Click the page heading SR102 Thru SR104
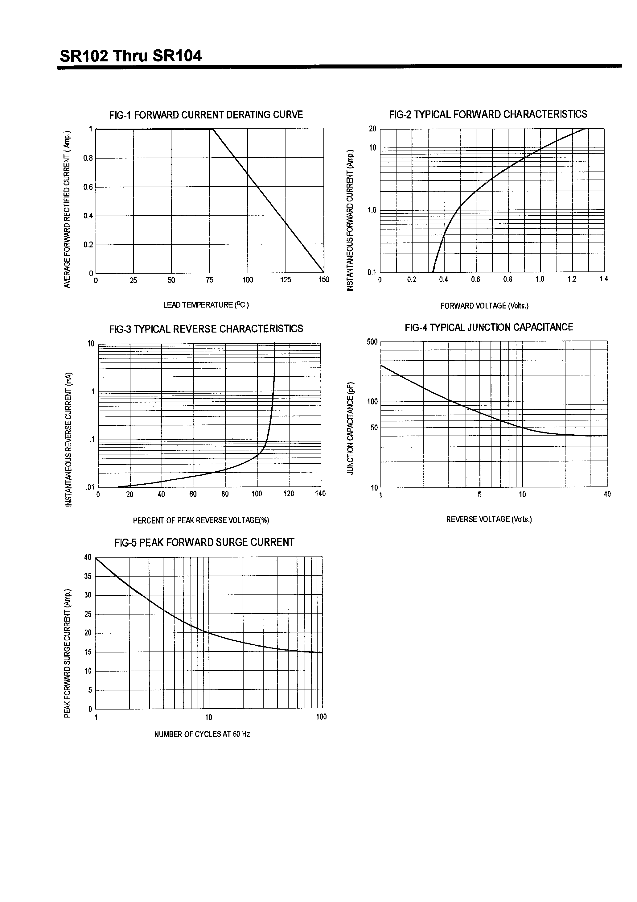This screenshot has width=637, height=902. [130, 56]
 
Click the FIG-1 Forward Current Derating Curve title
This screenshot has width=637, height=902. [206, 115]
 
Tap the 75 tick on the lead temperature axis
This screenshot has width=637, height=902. [209, 280]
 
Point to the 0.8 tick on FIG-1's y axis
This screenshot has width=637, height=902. [88, 158]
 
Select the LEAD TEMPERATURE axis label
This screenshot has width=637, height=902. [206, 305]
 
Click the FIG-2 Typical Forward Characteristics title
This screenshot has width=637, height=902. [488, 114]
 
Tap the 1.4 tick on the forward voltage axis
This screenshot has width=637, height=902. [604, 279]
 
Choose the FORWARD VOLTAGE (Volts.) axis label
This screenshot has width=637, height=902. [484, 306]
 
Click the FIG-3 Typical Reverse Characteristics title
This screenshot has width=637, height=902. [206, 329]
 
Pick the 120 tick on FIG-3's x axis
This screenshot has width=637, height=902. [289, 494]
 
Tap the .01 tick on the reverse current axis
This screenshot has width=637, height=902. [90, 487]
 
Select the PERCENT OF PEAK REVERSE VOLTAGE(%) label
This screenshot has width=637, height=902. [201, 520]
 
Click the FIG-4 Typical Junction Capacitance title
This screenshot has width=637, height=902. [489, 327]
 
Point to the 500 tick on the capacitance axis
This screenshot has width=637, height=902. [372, 342]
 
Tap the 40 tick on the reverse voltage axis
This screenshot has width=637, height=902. [607, 494]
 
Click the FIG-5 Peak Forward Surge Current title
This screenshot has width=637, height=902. [204, 543]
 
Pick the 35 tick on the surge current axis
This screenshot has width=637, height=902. [88, 576]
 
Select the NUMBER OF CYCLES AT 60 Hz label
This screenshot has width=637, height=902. [202, 734]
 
